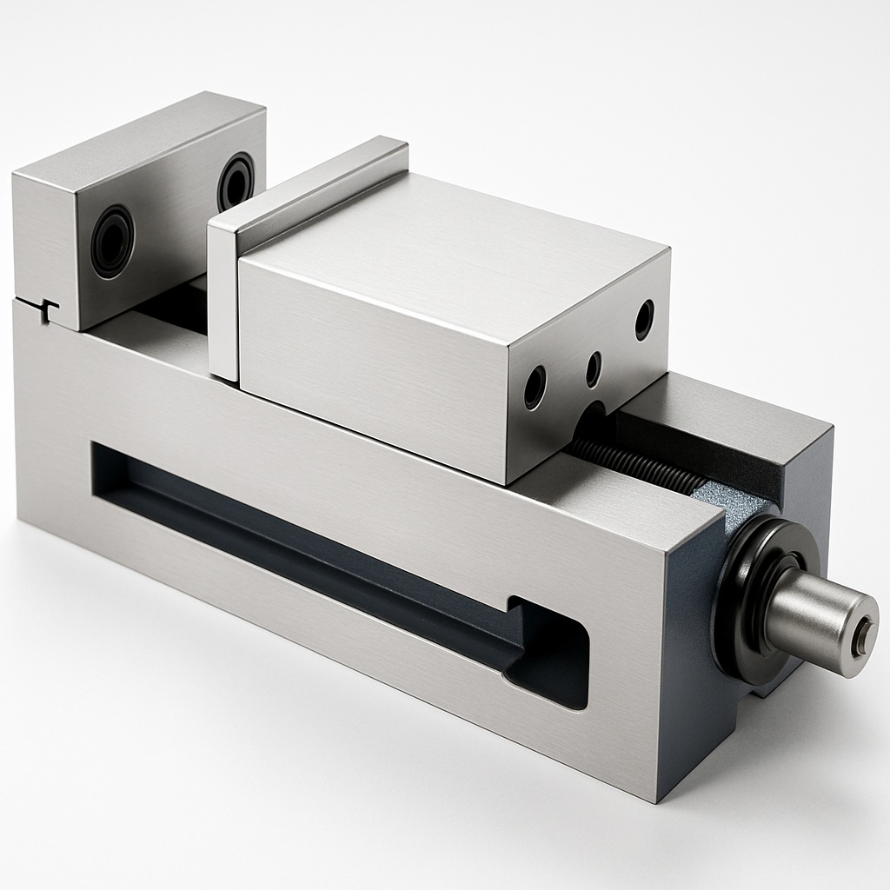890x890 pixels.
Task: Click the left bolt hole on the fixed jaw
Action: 113,241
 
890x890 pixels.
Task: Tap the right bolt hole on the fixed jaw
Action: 235,179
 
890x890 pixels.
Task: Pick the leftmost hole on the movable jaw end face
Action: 535,388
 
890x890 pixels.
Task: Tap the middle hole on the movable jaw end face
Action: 593,369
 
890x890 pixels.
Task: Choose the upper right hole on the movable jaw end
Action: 644,319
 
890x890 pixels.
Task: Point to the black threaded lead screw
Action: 634,465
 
